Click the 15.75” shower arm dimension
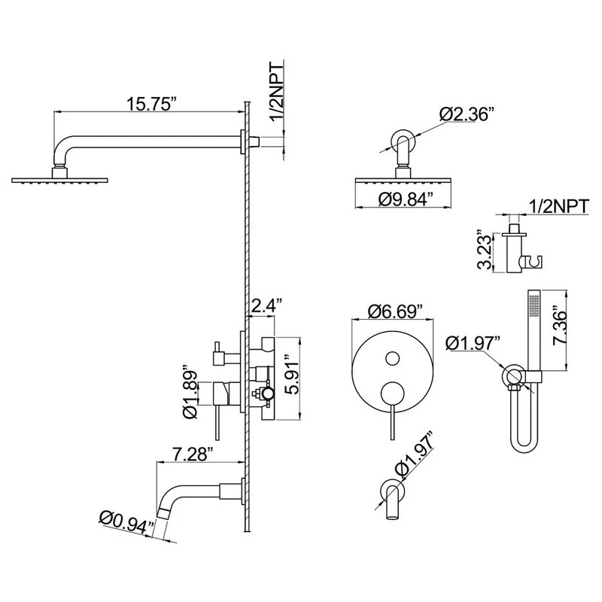152,104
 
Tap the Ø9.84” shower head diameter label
403,199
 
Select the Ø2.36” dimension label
465,114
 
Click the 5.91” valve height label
293,377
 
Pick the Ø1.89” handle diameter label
190,394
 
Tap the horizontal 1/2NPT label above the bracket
558,206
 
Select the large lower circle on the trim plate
392,394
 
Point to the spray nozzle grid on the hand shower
534,306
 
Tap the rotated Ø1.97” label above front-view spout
416,456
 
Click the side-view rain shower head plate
60,180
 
